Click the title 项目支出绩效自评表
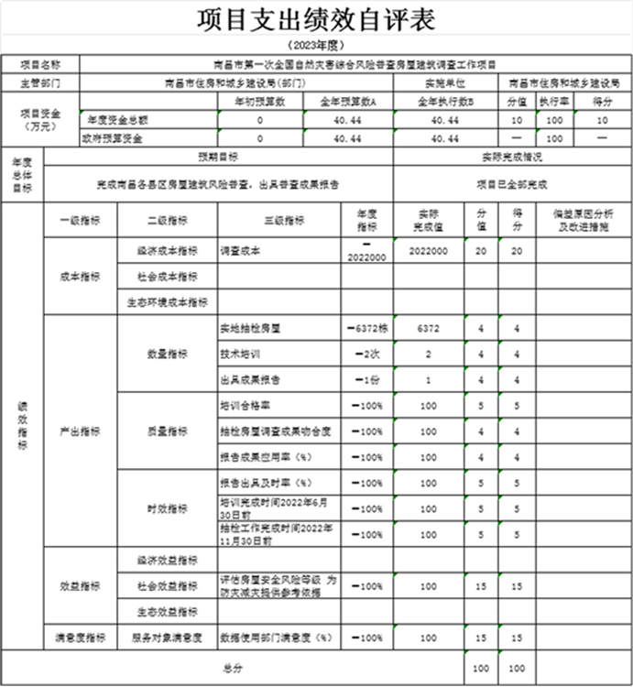tap(315, 20)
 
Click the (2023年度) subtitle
tap(315, 46)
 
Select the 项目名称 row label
tap(40, 65)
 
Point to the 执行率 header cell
tap(552, 101)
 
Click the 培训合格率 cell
tap(246, 405)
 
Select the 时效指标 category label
tap(168, 508)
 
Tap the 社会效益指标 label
tap(168, 585)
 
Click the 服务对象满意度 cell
tap(168, 636)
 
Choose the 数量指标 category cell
tap(168, 353)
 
